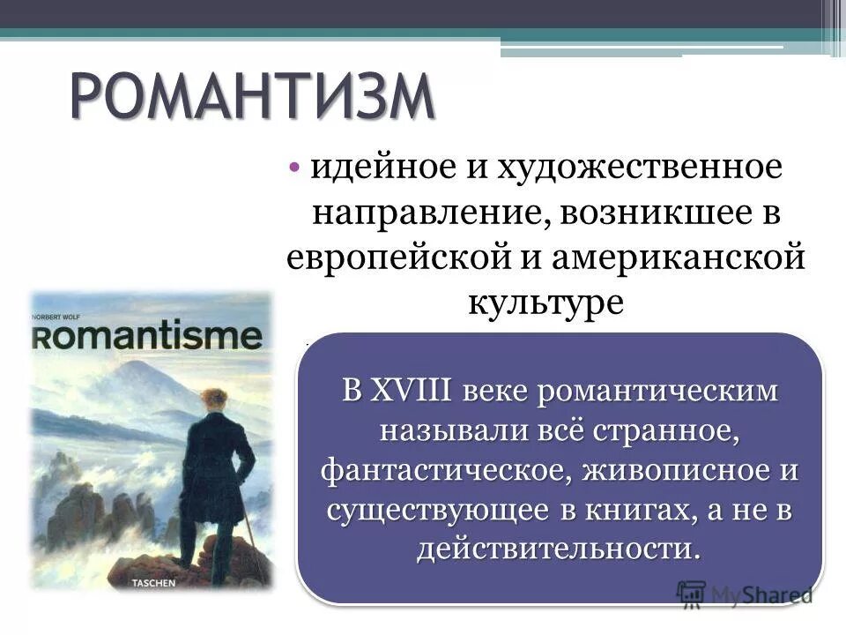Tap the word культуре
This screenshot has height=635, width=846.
click(546, 303)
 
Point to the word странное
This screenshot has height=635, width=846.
click(667, 430)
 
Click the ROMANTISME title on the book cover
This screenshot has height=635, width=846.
click(148, 337)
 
